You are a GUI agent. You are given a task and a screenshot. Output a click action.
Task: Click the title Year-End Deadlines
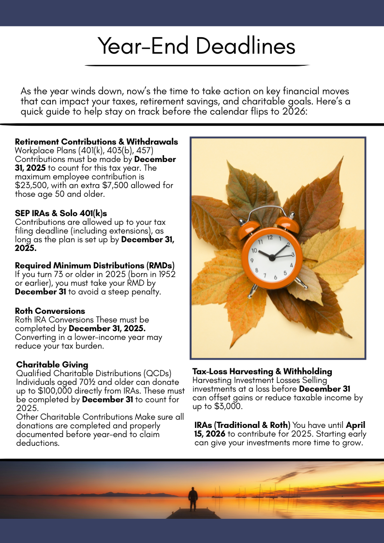(x=196, y=46)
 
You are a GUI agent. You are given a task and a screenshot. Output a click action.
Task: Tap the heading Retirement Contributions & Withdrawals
(x=96, y=142)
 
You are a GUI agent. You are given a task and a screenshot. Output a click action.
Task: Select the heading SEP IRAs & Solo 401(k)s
(x=61, y=213)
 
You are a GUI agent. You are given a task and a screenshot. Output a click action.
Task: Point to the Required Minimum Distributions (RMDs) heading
(x=94, y=265)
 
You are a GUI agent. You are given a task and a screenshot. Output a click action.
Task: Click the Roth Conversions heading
(x=50, y=311)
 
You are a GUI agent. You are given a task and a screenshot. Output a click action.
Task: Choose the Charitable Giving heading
(x=52, y=365)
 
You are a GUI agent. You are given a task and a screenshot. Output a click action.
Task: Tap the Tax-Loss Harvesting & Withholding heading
(x=262, y=371)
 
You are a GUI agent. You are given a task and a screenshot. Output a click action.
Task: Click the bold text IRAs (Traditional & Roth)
(x=242, y=425)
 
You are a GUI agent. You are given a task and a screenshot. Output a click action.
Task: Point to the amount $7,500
(x=127, y=185)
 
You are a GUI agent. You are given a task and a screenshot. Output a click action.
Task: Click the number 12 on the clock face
(x=270, y=237)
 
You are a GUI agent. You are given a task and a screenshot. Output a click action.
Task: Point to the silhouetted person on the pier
(x=193, y=499)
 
